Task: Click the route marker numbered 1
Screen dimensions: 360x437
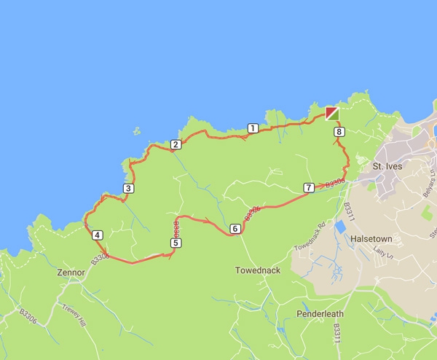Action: tap(253, 128)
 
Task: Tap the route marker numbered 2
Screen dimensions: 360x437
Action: tap(176, 145)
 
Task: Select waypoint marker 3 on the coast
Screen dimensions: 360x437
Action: tap(128, 189)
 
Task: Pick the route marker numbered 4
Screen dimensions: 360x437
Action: tap(98, 235)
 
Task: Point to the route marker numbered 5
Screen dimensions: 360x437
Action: tap(176, 243)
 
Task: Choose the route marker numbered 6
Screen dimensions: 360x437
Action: tap(235, 229)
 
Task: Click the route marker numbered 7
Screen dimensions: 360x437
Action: tap(309, 187)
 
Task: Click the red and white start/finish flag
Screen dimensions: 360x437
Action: tap(332, 113)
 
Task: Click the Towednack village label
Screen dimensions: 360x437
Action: tap(257, 270)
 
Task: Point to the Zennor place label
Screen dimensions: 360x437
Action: tap(71, 273)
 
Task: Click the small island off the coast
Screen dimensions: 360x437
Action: tap(137, 132)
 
